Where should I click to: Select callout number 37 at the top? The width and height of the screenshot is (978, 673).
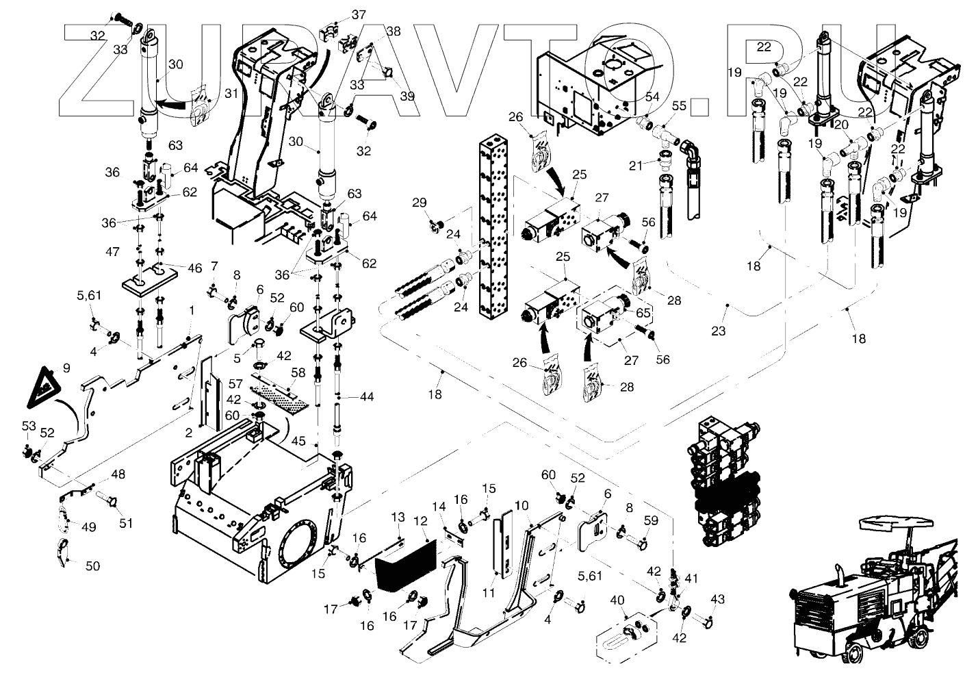click(359, 14)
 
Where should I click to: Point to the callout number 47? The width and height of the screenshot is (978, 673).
click(113, 252)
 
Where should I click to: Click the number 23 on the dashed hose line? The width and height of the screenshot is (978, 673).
click(718, 331)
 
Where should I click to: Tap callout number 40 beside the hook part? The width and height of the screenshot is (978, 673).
click(617, 600)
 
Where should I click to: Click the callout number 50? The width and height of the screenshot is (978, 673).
click(92, 566)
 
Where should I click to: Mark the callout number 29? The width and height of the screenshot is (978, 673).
click(420, 202)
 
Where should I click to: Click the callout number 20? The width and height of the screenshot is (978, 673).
click(840, 125)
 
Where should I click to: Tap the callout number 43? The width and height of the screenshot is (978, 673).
click(717, 600)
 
